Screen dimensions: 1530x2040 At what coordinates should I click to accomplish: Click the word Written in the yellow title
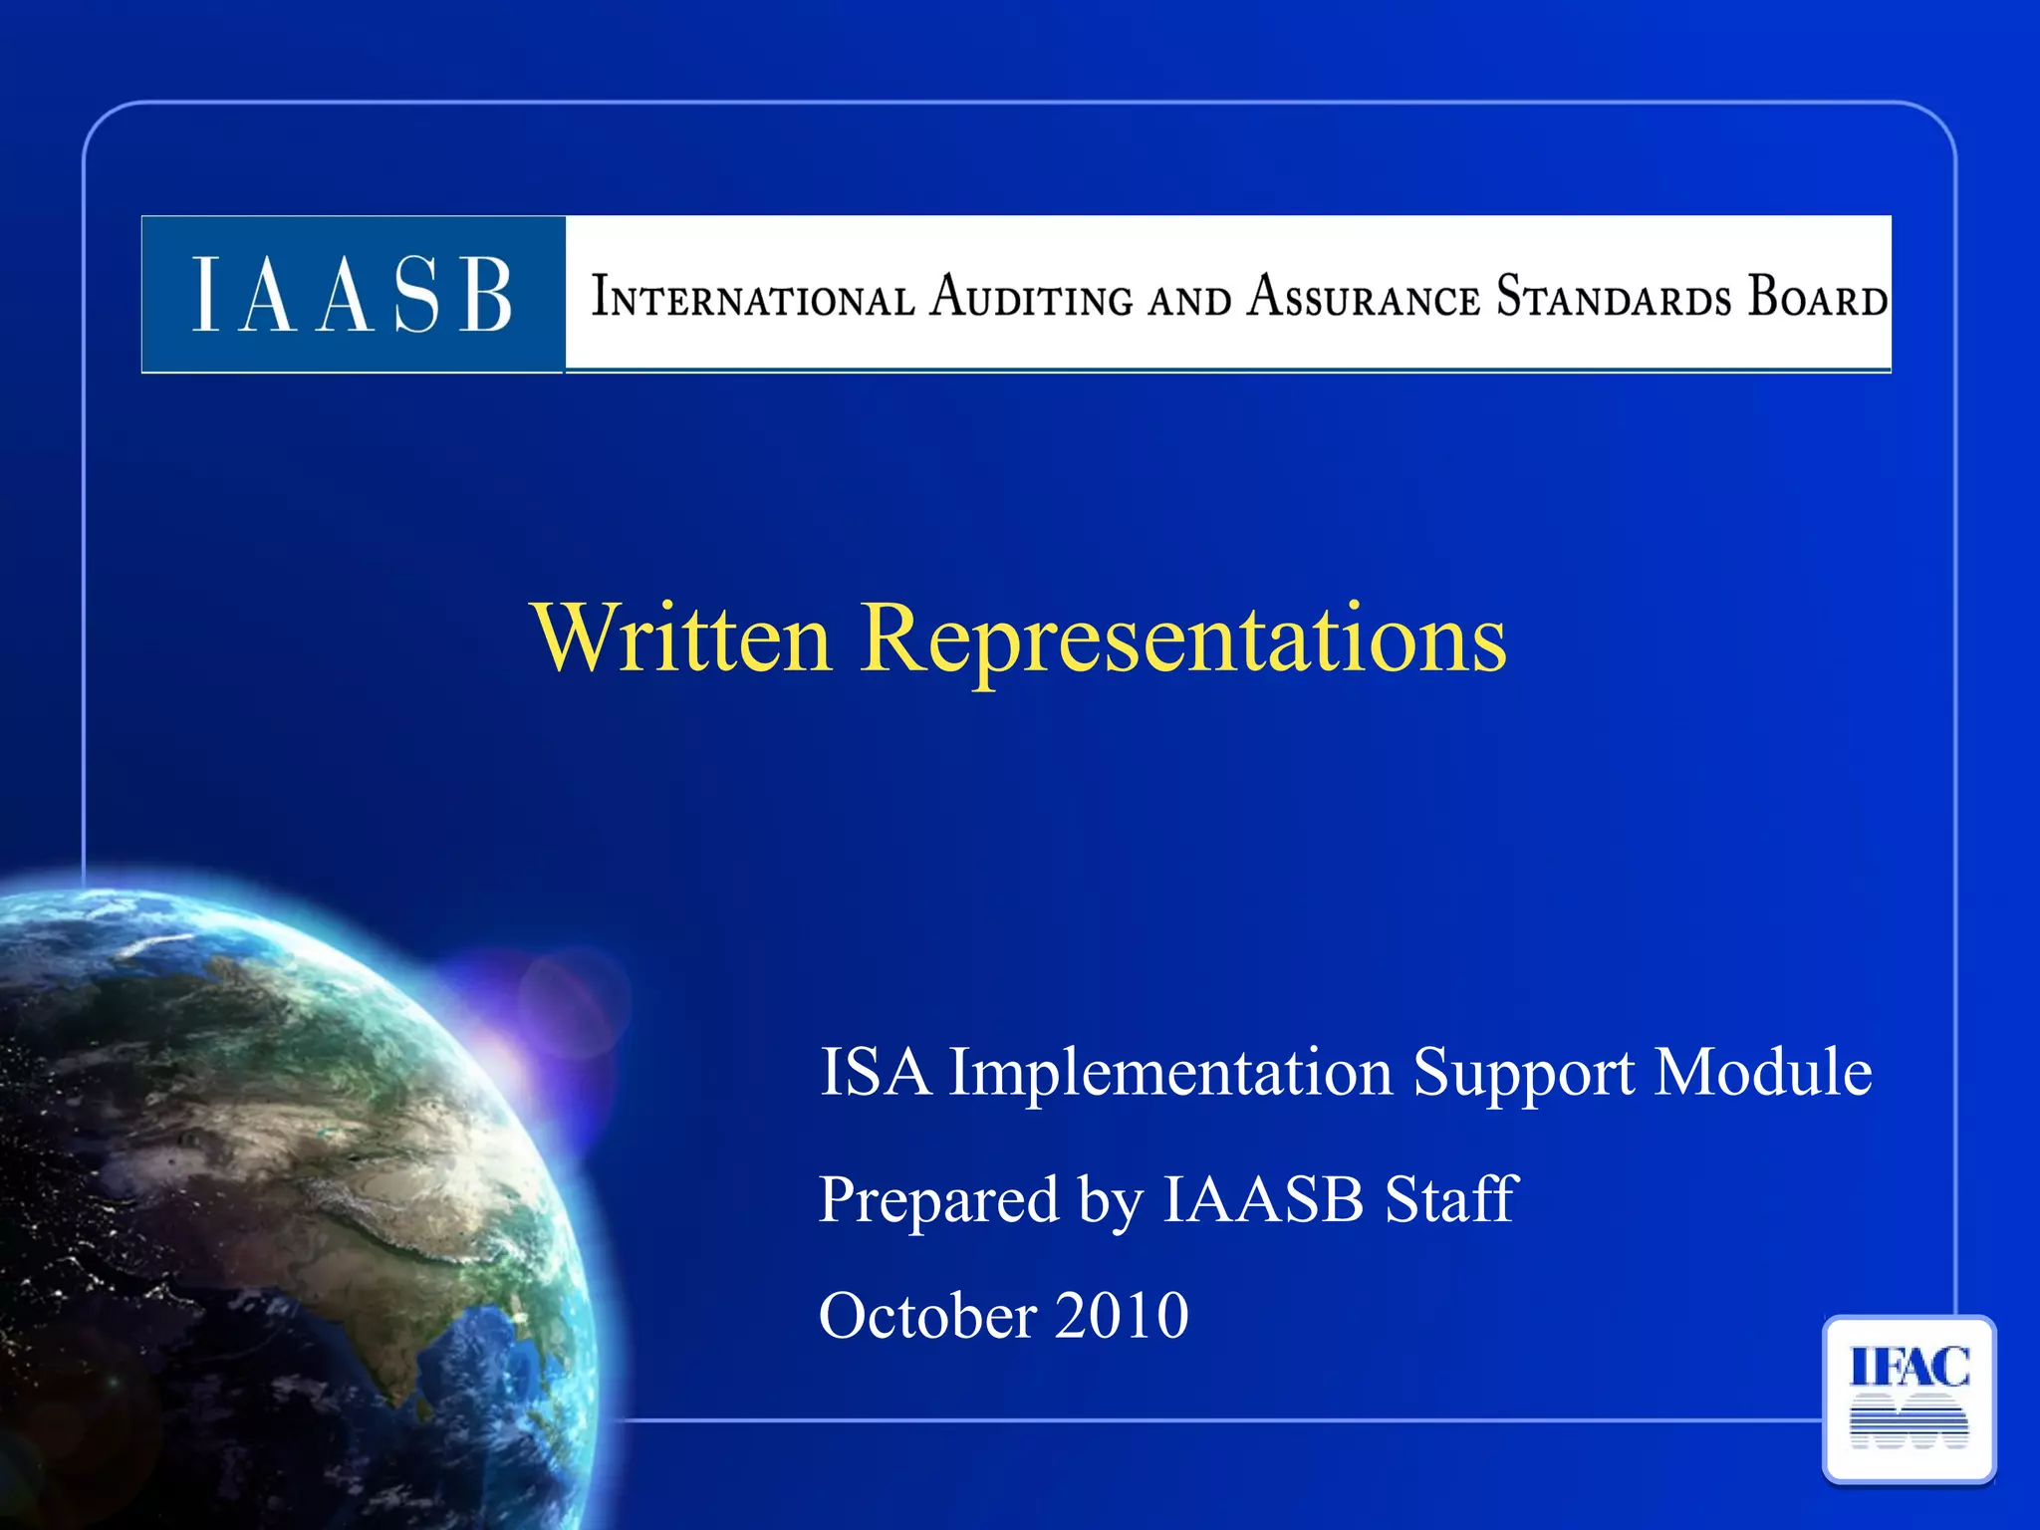click(682, 638)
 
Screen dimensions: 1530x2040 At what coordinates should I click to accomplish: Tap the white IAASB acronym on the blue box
click(352, 295)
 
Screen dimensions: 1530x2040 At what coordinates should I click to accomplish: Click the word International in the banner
click(753, 298)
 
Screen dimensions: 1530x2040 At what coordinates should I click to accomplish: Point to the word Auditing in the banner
click(1031, 297)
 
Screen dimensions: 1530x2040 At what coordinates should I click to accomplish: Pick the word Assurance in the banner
click(1364, 297)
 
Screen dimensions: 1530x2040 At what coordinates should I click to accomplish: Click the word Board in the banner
click(1818, 297)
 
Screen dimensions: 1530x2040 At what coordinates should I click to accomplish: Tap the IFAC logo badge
click(1909, 1399)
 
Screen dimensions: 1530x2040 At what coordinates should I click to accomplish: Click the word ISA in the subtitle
click(875, 1073)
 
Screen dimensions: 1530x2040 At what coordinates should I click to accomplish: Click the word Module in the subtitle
click(1763, 1073)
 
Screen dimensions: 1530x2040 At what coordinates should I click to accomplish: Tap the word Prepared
click(938, 1201)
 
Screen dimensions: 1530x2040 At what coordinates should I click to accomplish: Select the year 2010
click(1122, 1316)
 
